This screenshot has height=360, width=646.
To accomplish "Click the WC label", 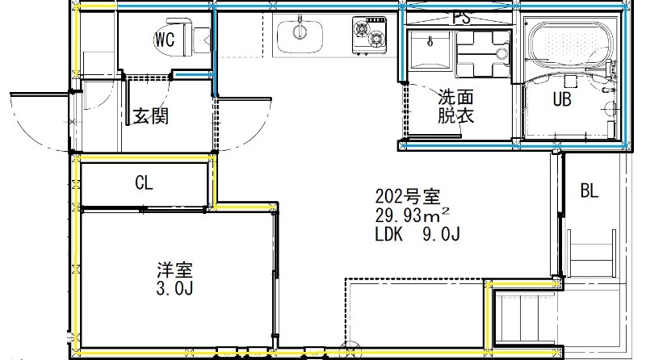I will coord(165,39).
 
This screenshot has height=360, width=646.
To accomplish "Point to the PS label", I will coord(461,17).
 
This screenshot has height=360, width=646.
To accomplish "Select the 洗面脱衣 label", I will coord(455,106).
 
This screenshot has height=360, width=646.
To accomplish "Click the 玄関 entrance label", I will coord(150,116).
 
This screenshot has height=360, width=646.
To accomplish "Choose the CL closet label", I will coord(144,183).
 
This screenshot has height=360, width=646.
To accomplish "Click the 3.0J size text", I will coord(174,288).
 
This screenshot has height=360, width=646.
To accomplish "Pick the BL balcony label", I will coord(589,191).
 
